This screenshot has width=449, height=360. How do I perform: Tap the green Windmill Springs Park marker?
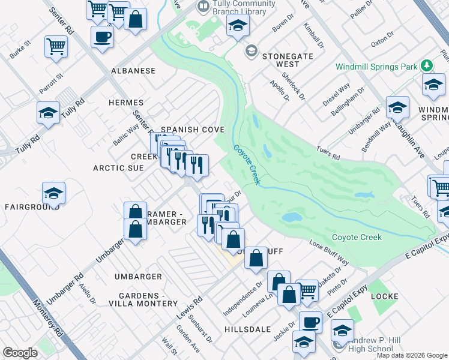coord(427,65)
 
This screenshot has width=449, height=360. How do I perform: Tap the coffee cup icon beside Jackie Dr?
coord(310,322)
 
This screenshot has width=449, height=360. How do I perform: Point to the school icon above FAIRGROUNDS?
coord(53,193)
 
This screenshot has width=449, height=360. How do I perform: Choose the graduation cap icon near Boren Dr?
coord(238,25)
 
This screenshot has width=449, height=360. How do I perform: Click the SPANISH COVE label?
coord(192,130)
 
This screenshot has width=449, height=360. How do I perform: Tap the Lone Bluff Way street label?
coord(329,253)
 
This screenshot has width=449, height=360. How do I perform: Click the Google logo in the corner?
coord(20,352)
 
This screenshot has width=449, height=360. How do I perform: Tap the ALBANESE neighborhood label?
coord(133,71)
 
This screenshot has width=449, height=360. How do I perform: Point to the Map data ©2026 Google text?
coord(412,355)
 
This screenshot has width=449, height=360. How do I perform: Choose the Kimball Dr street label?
coord(313,37)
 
